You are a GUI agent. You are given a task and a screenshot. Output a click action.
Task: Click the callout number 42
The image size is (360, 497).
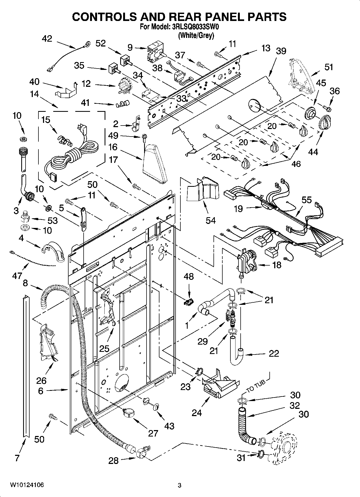tap(47, 39)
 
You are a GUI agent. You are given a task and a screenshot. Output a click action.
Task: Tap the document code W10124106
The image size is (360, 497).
tap(27, 485)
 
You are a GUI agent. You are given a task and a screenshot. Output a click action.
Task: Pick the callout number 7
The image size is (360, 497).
tap(17, 458)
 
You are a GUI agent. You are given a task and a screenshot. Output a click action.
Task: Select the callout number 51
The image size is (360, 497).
tap(329, 67)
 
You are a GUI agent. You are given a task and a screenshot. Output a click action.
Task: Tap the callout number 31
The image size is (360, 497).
tap(241, 457)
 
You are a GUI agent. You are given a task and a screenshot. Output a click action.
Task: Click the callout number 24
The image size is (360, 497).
tap(197, 413)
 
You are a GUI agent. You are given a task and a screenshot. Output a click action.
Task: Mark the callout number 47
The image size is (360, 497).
tap(17, 276)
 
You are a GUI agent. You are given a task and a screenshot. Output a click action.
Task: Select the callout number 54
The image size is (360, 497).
tap(211, 220)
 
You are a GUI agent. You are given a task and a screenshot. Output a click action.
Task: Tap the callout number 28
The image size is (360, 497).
tap(113, 461)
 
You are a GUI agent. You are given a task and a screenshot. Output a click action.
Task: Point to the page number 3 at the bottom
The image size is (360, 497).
tap(180, 485)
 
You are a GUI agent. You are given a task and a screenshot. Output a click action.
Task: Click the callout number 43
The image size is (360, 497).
tap(169, 426)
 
